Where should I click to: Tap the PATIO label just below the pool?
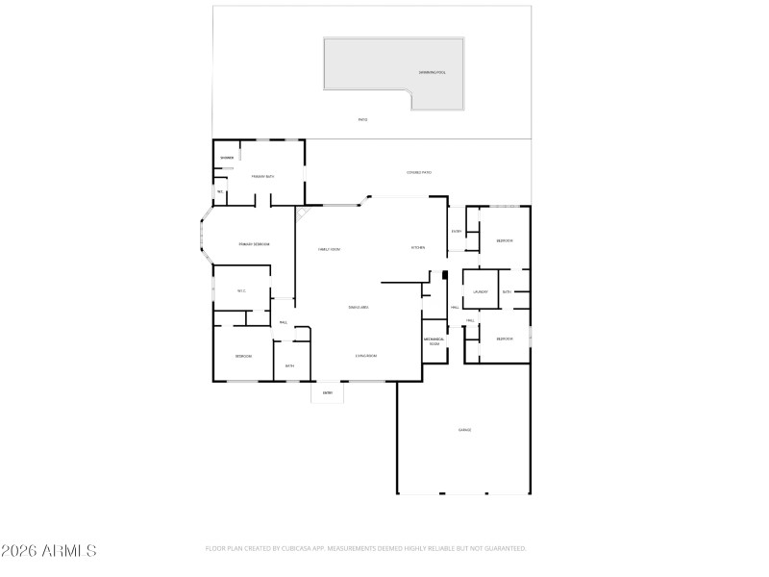point(362,119)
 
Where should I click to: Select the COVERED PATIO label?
point(419,172)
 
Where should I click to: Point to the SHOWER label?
point(227,158)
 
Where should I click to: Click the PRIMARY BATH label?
point(263,177)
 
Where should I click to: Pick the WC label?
point(220,192)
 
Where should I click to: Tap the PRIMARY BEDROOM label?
point(254,244)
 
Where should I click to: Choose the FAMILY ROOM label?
point(330,249)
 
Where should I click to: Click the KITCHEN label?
point(418,247)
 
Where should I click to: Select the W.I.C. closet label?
point(241,291)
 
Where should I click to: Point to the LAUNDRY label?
point(480,291)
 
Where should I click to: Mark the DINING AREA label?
point(359,307)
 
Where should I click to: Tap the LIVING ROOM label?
point(365,356)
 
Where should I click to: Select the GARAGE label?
point(464,430)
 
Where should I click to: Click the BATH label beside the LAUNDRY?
point(507,291)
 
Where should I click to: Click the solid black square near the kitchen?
point(445,274)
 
